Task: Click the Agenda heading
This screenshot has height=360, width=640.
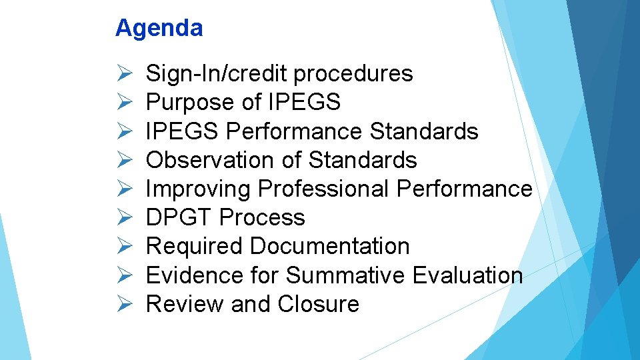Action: tap(159, 29)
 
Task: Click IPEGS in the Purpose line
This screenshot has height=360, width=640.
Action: tap(304, 102)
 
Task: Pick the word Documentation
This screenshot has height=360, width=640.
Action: tap(330, 246)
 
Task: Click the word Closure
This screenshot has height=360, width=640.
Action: tap(318, 304)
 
